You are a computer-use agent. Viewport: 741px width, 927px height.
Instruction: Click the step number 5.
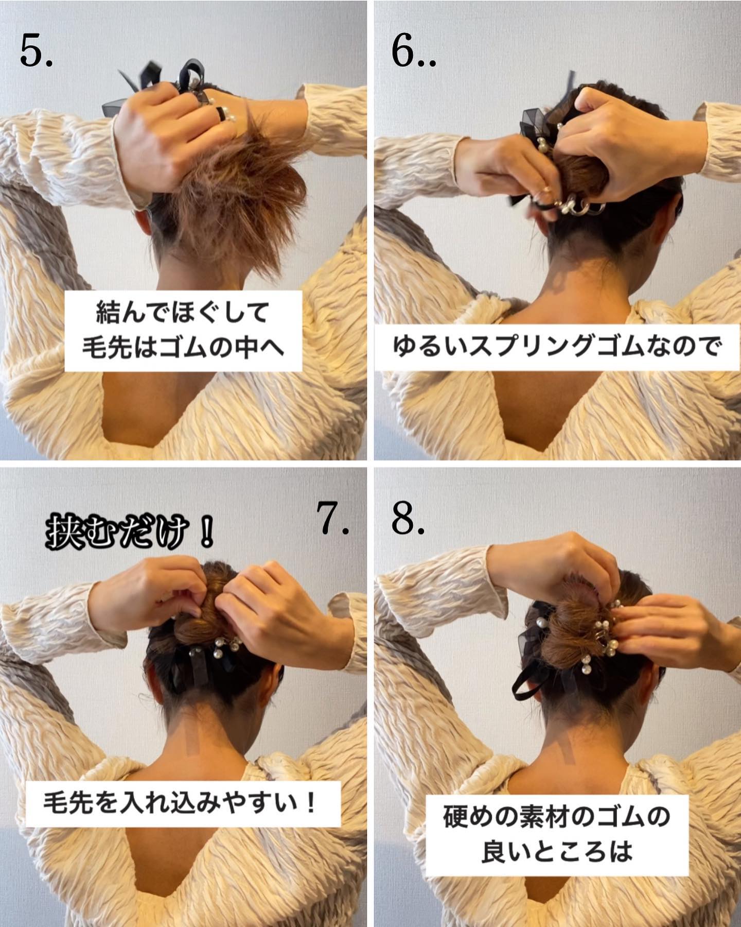tap(36, 51)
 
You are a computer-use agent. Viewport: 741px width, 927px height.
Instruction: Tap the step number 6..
tap(413, 51)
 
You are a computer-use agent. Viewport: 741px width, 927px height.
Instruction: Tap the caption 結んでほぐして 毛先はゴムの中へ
tap(183, 331)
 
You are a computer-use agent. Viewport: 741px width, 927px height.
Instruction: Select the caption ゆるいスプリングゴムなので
tap(555, 347)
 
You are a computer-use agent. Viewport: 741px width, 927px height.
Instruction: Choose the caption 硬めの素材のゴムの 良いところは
tap(556, 831)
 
